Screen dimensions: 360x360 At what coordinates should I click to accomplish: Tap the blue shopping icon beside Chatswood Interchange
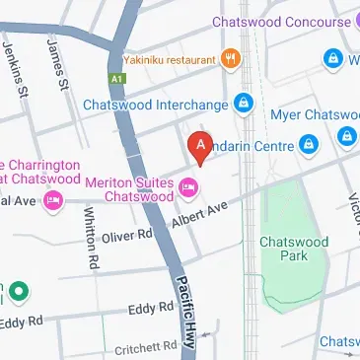coord(243,103)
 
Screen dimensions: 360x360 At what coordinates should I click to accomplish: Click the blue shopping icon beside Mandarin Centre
coord(311,145)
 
